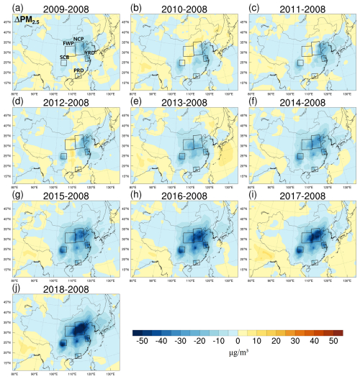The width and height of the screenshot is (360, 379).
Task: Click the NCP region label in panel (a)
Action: [78, 38]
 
